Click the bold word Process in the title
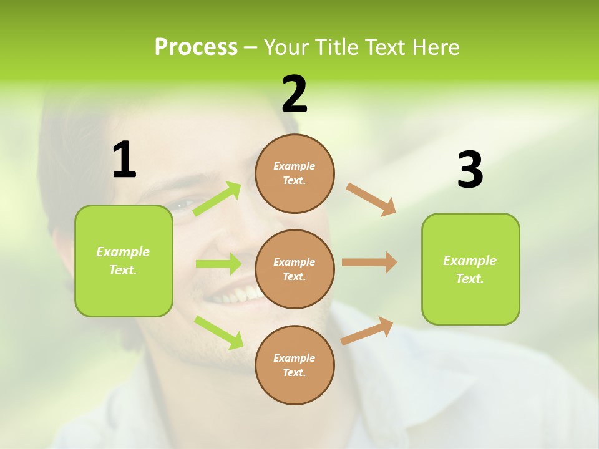pyautogui.click(x=196, y=47)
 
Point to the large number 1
pyautogui.click(x=124, y=160)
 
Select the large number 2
pyautogui.click(x=295, y=94)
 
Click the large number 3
pyautogui.click(x=470, y=170)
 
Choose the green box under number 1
pyautogui.click(x=124, y=261)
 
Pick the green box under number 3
pyautogui.click(x=470, y=269)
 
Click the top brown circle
pyautogui.click(x=295, y=173)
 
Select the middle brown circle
pyautogui.click(x=295, y=269)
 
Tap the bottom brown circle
pyautogui.click(x=295, y=365)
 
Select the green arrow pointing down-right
pyautogui.click(x=219, y=332)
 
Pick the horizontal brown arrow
pyautogui.click(x=369, y=263)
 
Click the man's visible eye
pyautogui.click(x=182, y=205)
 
